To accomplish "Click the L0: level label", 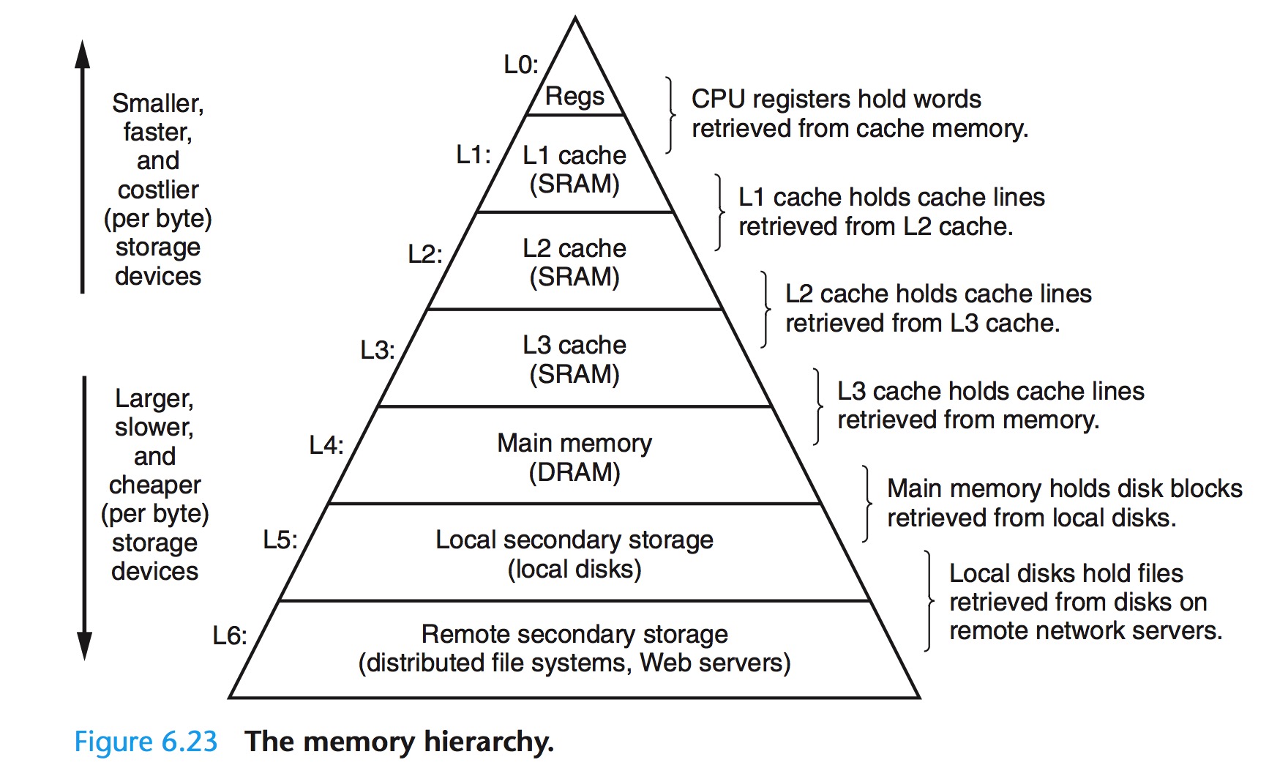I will [x=520, y=65].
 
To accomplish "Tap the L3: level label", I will [x=377, y=350].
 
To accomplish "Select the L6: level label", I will [x=230, y=635].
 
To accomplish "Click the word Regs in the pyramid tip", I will [x=574, y=96].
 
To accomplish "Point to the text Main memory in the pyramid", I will [x=574, y=443].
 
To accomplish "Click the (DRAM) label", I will [x=574, y=472].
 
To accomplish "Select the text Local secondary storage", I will [x=574, y=540].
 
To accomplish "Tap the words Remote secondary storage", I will [x=574, y=634].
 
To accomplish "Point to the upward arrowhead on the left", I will [x=83, y=55].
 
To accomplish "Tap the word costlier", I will [x=158, y=190].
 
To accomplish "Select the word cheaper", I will [x=155, y=485].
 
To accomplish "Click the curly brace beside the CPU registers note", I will [x=670, y=114].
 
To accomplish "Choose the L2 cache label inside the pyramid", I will [x=574, y=248].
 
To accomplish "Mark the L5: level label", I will [x=280, y=540].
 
